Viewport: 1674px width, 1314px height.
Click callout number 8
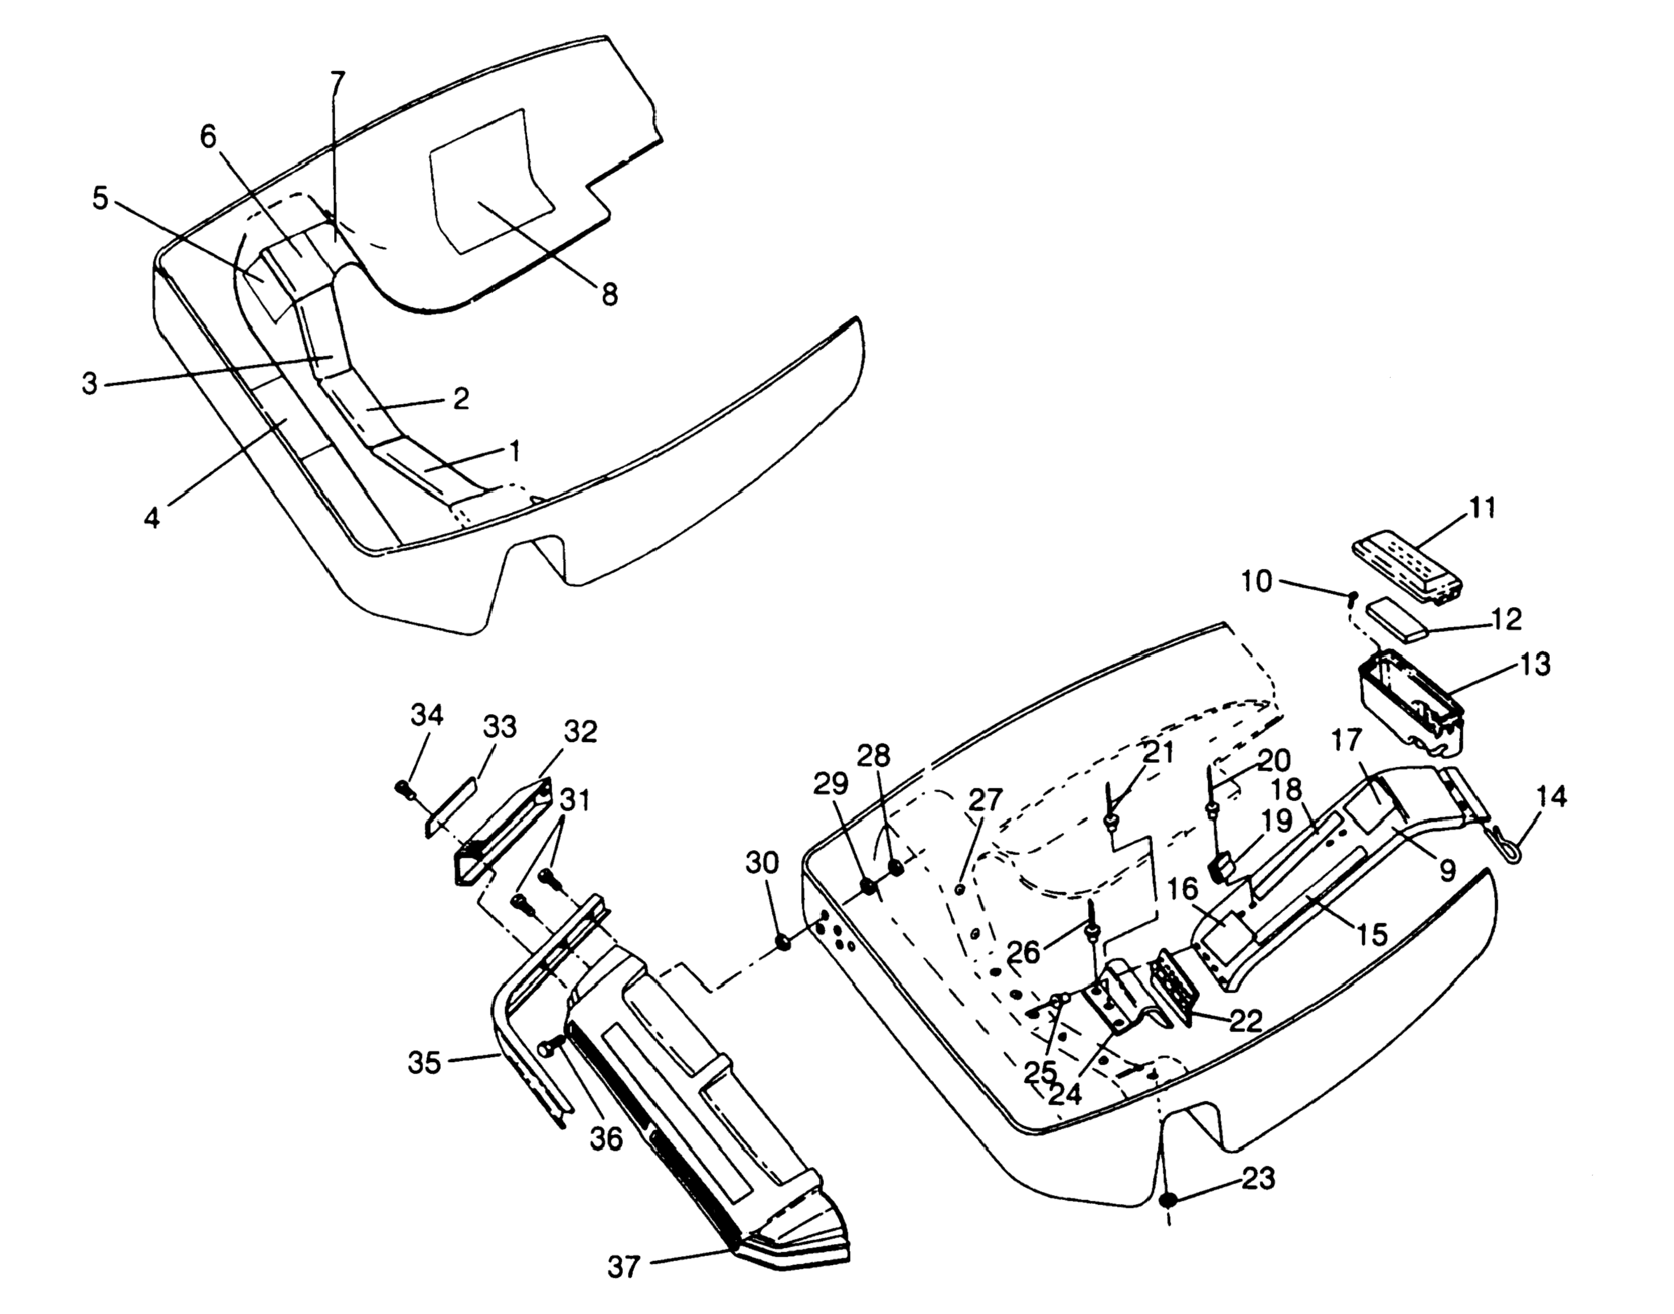pos(610,294)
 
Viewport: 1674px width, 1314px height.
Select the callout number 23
pos(1258,1178)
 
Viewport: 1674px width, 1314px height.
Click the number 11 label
pos(1482,508)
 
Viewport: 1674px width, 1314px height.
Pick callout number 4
pos(152,518)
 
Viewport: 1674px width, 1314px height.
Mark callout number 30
pos(762,863)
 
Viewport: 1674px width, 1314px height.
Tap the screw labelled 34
pos(405,788)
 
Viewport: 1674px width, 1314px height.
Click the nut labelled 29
pos(867,886)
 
